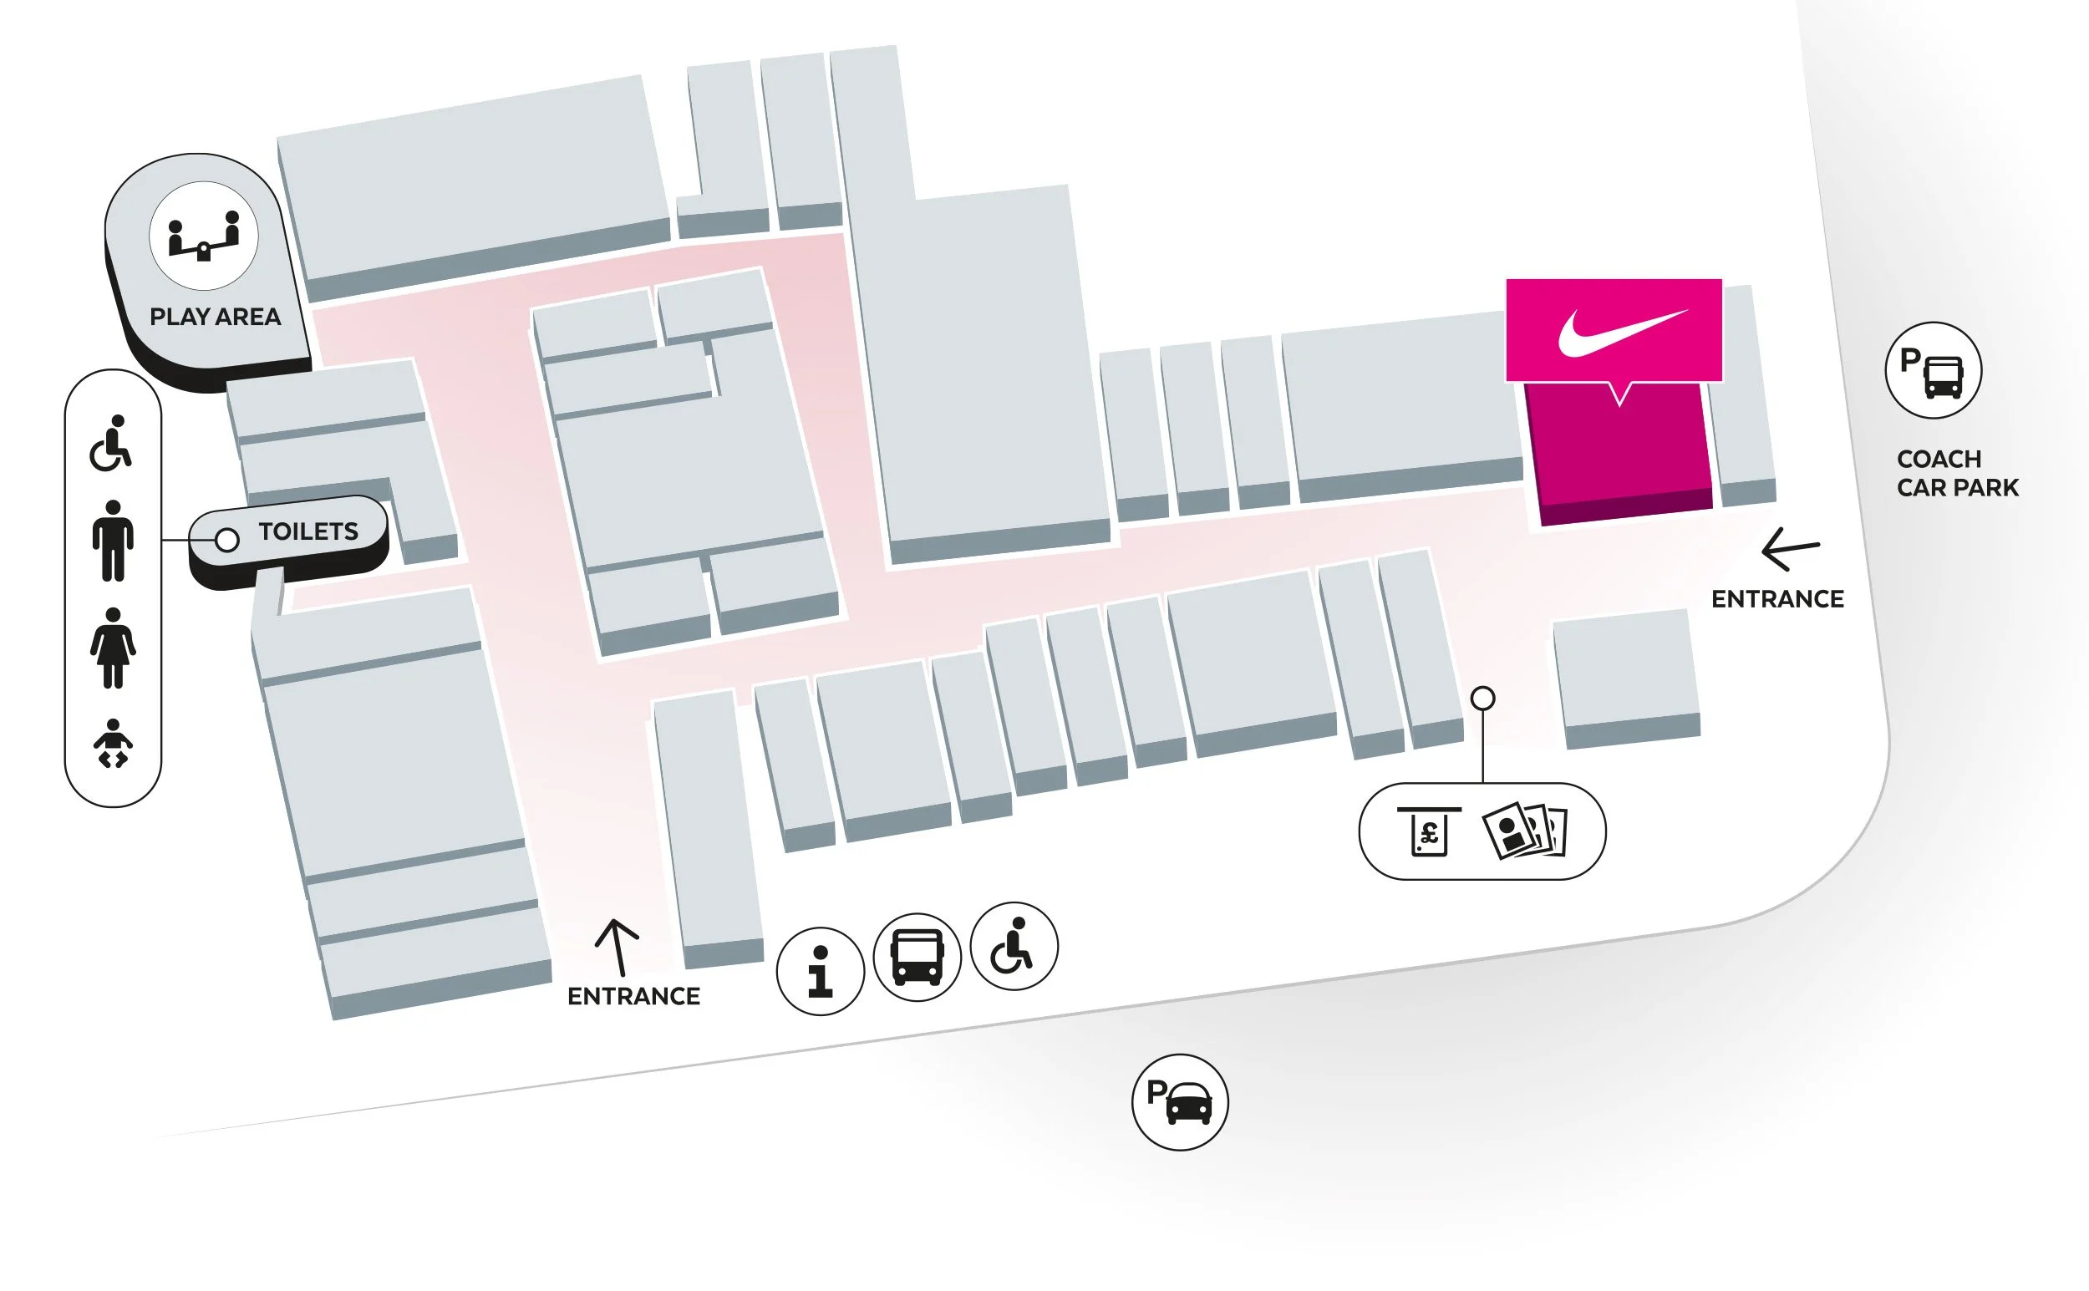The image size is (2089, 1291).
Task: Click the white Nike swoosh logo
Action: coord(1620,333)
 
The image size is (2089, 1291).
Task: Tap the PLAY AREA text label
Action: coord(215,317)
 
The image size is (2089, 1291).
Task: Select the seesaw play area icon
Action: coord(203,236)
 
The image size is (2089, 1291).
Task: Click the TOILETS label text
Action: coord(308,532)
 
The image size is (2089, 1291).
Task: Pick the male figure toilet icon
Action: coord(113,541)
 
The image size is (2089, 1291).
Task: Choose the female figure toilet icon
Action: coord(113,648)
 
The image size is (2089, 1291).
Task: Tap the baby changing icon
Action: coord(113,744)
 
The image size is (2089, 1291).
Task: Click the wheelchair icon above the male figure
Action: coord(111,443)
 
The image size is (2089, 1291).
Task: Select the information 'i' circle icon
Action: coord(820,971)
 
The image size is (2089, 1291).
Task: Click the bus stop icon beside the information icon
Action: coord(917,957)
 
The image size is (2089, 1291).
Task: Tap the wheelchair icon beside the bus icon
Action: coord(1014,946)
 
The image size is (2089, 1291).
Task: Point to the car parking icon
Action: coord(1180,1102)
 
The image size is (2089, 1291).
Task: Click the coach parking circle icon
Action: coord(1933,370)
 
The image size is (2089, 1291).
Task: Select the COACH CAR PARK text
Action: coord(1957,473)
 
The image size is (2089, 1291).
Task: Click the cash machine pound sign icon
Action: coord(1429,831)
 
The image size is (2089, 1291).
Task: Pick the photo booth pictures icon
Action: coord(1525,830)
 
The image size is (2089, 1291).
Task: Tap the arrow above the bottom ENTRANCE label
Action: coord(617,947)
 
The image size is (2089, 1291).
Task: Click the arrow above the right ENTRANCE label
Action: coord(1789,548)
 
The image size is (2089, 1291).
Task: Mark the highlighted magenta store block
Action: coord(1619,453)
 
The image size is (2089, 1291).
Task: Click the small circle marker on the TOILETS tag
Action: coord(227,540)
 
